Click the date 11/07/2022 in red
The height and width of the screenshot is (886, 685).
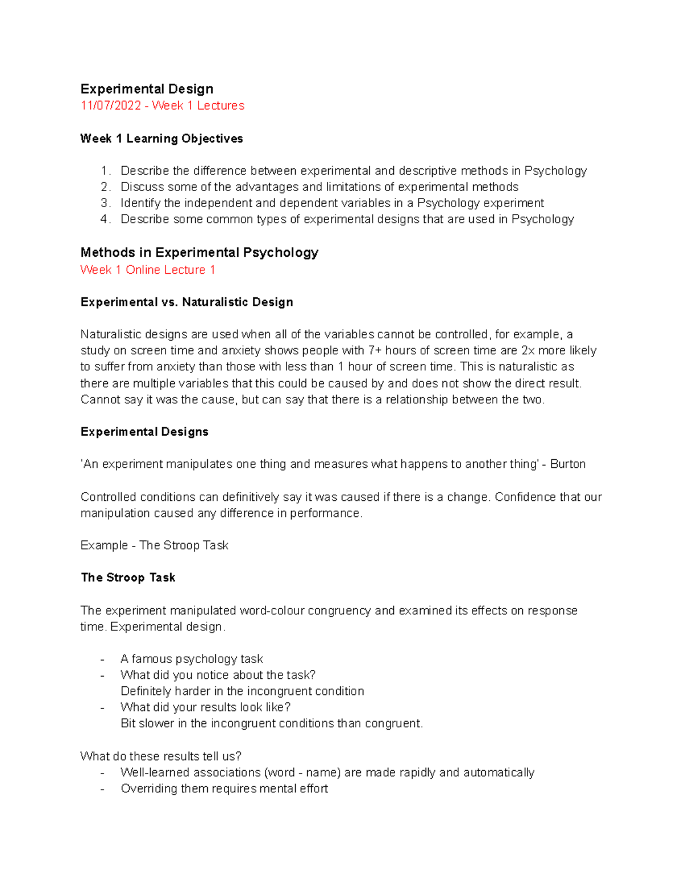point(111,106)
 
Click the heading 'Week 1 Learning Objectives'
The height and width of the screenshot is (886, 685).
point(162,139)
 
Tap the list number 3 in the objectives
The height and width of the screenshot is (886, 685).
point(104,203)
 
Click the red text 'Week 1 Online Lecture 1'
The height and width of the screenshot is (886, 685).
point(148,270)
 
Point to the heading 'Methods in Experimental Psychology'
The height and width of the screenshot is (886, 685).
point(199,253)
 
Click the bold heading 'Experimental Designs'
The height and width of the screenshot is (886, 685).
point(144,432)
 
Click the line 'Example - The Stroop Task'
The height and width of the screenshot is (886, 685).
point(154,545)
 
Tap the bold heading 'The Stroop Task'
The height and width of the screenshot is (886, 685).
point(128,578)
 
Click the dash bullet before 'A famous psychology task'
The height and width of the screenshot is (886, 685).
point(102,660)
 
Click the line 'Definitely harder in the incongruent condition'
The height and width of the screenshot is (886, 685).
point(242,691)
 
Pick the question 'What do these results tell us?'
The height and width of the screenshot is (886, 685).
point(161,756)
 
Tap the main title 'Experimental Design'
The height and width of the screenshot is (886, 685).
point(147,89)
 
